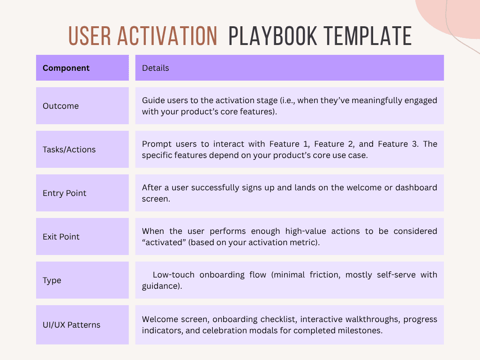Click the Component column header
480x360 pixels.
[66, 68]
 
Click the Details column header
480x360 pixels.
[156, 68]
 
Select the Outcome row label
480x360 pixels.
[61, 106]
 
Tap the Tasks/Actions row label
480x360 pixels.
[69, 150]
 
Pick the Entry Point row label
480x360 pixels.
[65, 193]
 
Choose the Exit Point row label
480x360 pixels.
[61, 237]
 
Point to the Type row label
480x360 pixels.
[52, 280]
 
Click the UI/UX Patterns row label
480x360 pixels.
[72, 325]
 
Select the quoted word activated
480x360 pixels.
[163, 242]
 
